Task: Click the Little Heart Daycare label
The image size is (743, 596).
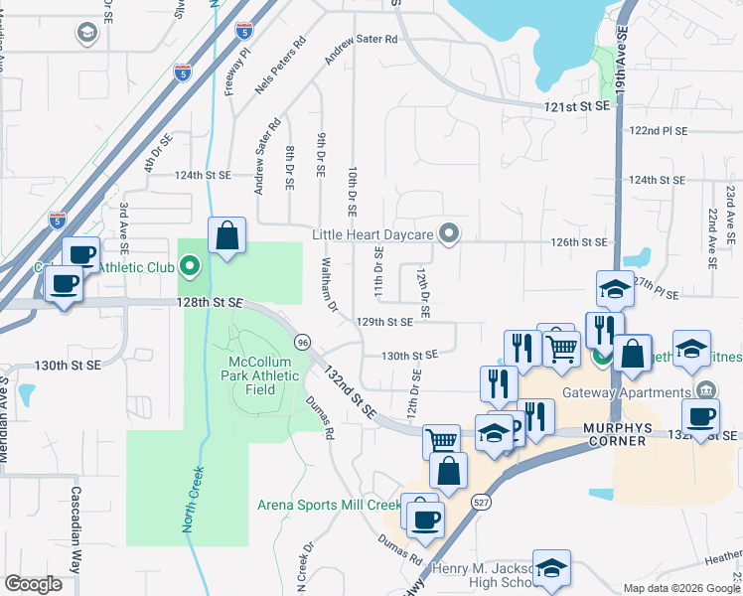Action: [372, 234]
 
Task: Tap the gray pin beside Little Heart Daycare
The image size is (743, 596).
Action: [449, 234]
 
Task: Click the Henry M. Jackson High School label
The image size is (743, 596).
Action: [481, 576]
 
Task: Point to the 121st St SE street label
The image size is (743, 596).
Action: [574, 105]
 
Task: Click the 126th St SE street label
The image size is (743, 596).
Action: [579, 241]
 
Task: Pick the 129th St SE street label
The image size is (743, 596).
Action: [384, 322]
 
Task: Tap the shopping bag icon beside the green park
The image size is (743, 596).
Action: [227, 236]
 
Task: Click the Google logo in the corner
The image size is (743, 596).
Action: [34, 584]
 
